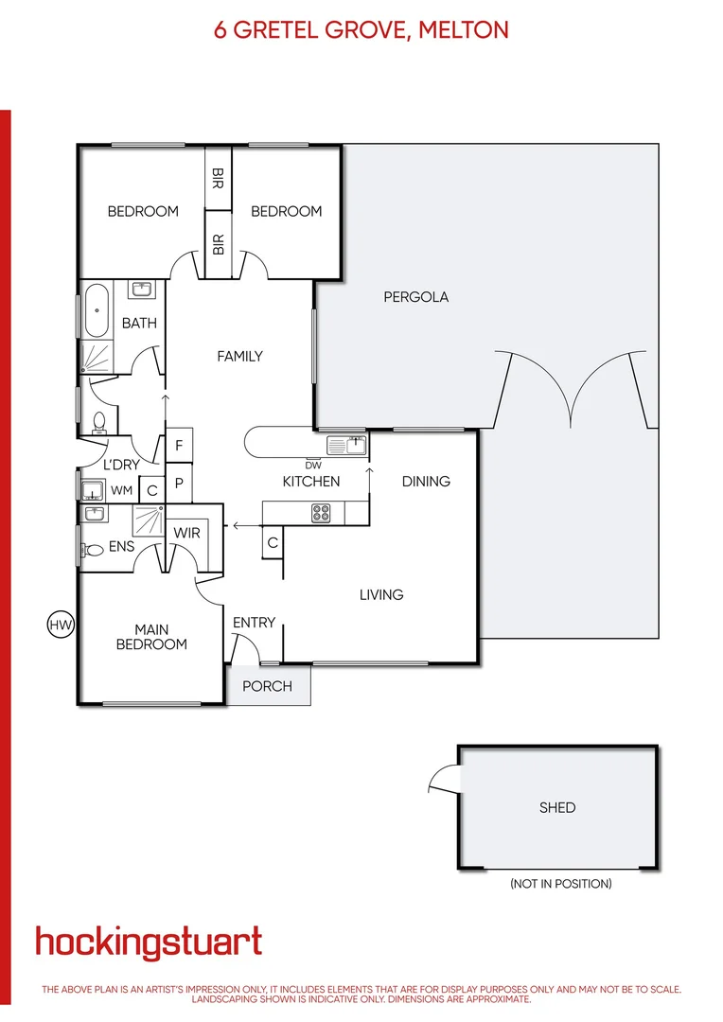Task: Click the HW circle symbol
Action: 60,625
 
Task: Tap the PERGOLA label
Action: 415,297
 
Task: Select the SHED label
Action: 557,807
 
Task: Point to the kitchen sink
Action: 345,444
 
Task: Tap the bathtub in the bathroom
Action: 97,309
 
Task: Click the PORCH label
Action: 268,686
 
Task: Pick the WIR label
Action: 187,533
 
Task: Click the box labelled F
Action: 179,445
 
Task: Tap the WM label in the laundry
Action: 122,490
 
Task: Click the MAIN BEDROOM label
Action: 151,637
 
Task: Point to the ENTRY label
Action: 254,622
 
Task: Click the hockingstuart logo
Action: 149,943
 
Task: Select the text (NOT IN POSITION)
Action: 560,884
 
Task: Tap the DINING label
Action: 426,481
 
